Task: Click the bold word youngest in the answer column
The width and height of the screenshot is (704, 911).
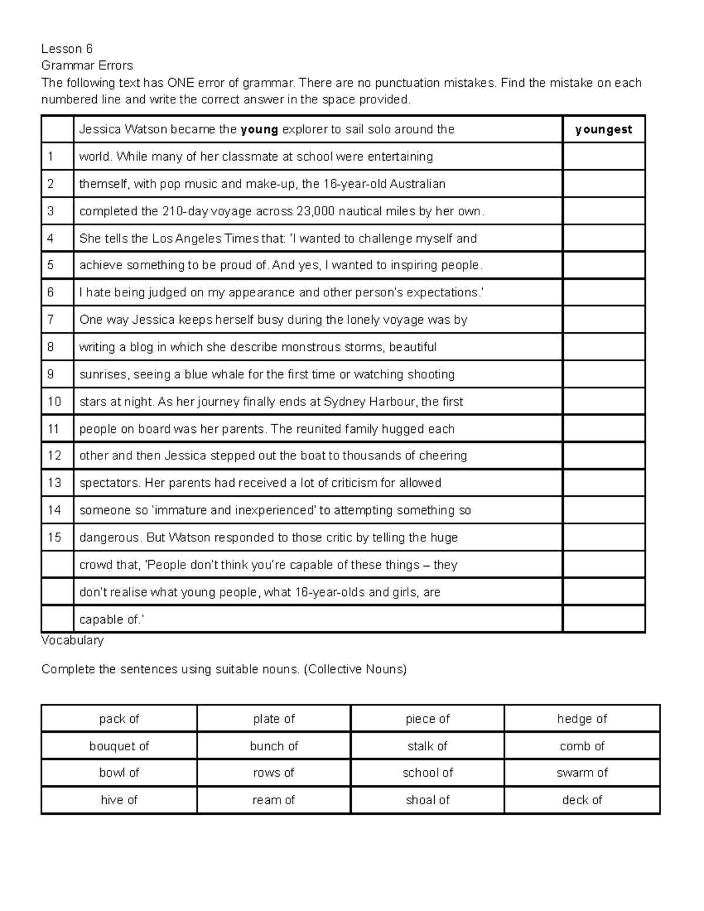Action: click(603, 130)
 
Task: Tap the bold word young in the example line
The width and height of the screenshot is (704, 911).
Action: click(259, 130)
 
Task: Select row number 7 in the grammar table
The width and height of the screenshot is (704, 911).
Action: click(50, 320)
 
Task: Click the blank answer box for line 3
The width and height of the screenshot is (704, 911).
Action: click(603, 211)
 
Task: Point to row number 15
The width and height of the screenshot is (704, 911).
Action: click(54, 537)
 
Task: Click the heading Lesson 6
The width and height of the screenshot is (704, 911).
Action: click(67, 49)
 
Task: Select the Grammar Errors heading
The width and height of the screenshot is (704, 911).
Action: click(87, 65)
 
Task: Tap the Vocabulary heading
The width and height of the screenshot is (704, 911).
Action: click(72, 640)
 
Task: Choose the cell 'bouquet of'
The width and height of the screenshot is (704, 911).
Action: click(119, 746)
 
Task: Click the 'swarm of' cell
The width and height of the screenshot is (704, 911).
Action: click(582, 773)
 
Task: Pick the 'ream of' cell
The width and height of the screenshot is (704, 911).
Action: click(273, 800)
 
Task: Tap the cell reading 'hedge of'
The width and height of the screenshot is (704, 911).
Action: click(582, 719)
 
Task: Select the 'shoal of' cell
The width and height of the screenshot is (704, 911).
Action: click(428, 800)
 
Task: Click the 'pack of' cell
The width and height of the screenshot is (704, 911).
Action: click(119, 719)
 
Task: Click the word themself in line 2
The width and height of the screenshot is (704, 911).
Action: click(103, 184)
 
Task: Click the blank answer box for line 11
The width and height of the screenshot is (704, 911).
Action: click(603, 429)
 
